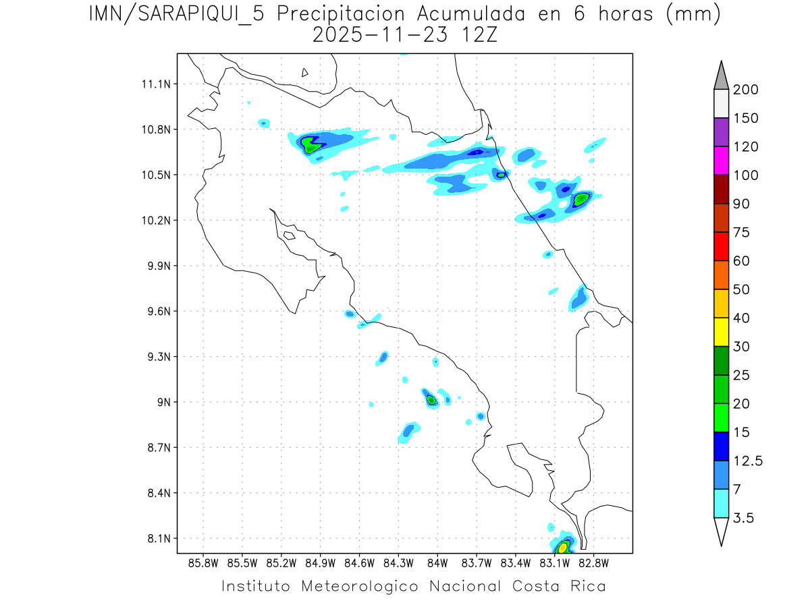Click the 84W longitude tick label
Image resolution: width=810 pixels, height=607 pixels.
437,562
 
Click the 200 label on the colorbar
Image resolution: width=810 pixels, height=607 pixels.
745,90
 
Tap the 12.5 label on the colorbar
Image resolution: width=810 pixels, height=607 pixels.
748,461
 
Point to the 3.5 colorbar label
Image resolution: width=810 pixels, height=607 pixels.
745,518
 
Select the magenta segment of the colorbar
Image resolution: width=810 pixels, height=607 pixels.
721,161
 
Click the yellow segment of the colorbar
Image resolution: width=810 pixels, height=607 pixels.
721,332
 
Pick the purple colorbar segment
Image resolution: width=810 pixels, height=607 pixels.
721,132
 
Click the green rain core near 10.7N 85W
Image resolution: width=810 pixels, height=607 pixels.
310,144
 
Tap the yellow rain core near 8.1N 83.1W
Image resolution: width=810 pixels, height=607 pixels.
562,547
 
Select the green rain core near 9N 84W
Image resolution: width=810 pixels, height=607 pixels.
431,399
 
